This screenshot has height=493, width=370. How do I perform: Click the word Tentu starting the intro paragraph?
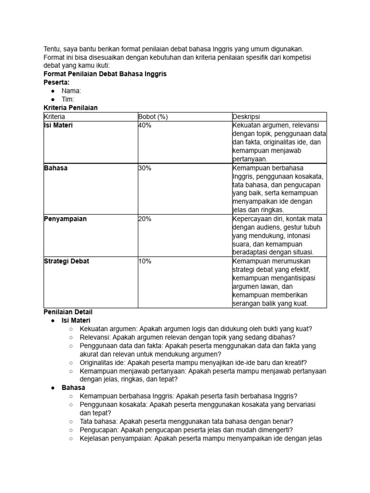tap(53, 49)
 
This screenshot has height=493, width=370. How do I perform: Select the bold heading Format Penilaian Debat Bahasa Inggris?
tap(105, 74)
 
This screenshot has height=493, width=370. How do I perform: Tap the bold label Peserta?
tap(57, 82)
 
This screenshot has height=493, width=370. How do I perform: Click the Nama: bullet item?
tap(71, 91)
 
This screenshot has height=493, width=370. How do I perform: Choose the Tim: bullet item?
tap(68, 99)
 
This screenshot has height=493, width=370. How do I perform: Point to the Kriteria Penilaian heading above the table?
tap(70, 107)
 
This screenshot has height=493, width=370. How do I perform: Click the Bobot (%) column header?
tap(153, 117)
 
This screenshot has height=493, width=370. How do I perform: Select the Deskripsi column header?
tap(246, 117)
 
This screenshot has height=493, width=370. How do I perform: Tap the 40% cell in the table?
tap(145, 125)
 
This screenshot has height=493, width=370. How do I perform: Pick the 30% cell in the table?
tap(145, 168)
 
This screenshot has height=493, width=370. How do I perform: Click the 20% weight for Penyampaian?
tap(145, 219)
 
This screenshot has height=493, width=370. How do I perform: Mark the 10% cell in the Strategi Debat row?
tap(145, 261)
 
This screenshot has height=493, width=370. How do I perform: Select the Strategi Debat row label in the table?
tap(66, 261)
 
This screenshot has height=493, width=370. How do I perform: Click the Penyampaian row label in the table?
tap(65, 219)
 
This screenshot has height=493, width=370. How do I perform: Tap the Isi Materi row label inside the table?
tap(58, 125)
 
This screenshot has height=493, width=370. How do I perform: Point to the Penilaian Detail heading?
tap(68, 312)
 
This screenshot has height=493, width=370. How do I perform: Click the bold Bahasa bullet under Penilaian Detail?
tap(73, 388)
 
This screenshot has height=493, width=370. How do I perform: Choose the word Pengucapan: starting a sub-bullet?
tap(100, 430)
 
